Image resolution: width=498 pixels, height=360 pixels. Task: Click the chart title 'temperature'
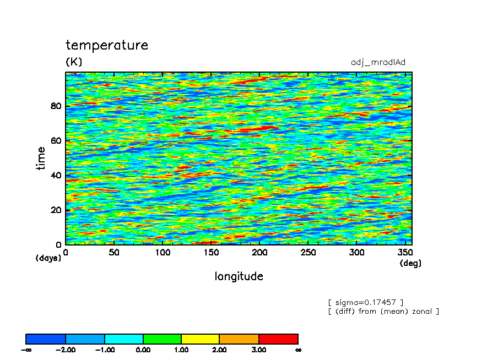point(107,45)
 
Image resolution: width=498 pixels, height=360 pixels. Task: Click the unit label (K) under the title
point(74,61)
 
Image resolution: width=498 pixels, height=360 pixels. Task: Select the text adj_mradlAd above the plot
point(378,62)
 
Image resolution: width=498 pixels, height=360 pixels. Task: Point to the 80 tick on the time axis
point(56,106)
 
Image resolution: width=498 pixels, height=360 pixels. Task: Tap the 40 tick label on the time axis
point(56,175)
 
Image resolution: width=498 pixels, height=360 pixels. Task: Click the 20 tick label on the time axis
point(56,210)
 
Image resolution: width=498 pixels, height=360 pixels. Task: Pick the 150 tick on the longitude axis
point(211,252)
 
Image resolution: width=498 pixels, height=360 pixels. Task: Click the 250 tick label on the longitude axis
point(308,252)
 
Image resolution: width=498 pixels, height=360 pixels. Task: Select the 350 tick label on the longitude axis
point(405,252)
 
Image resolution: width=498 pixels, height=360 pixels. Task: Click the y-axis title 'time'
point(41,159)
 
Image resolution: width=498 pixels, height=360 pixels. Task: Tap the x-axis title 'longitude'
point(239,276)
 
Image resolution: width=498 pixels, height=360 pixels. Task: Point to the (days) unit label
point(48,258)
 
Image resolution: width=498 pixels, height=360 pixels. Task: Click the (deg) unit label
point(410,263)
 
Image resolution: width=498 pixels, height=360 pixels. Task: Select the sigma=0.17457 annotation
point(366,302)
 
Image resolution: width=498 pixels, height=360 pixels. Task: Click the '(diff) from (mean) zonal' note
point(383,311)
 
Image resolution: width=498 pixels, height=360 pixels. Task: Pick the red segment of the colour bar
point(279,339)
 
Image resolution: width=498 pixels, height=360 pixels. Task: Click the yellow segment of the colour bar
point(201,339)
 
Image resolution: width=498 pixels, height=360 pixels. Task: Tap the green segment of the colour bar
point(163,339)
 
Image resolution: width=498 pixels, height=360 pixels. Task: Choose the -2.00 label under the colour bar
point(66,350)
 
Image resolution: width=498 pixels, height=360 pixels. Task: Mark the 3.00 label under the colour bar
point(259,350)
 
